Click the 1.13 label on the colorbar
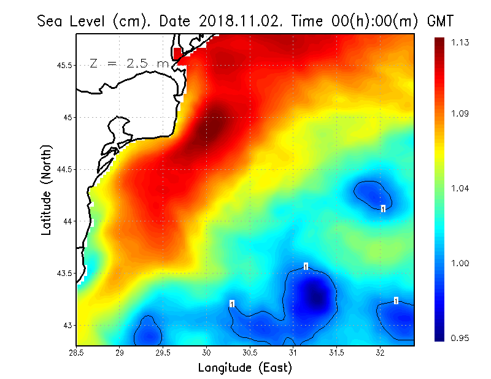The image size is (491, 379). pyautogui.click(x=461, y=42)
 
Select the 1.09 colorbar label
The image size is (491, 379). pyautogui.click(x=461, y=113)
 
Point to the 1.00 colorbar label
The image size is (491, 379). pyautogui.click(x=461, y=263)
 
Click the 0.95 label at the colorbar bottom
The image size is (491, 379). pyautogui.click(x=461, y=337)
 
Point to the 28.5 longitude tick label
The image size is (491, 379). pyautogui.click(x=77, y=352)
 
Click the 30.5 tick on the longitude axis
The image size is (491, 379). pyautogui.click(x=250, y=352)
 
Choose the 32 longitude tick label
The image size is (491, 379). pyautogui.click(x=380, y=352)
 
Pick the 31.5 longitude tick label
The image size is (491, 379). pyautogui.click(x=336, y=352)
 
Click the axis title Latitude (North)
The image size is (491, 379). pyautogui.click(x=46, y=190)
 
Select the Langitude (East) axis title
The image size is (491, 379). pyautogui.click(x=245, y=368)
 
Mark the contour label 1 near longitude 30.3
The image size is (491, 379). pyautogui.click(x=232, y=304)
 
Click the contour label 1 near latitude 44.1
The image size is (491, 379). pyautogui.click(x=383, y=209)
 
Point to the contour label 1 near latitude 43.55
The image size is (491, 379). pyautogui.click(x=306, y=266)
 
